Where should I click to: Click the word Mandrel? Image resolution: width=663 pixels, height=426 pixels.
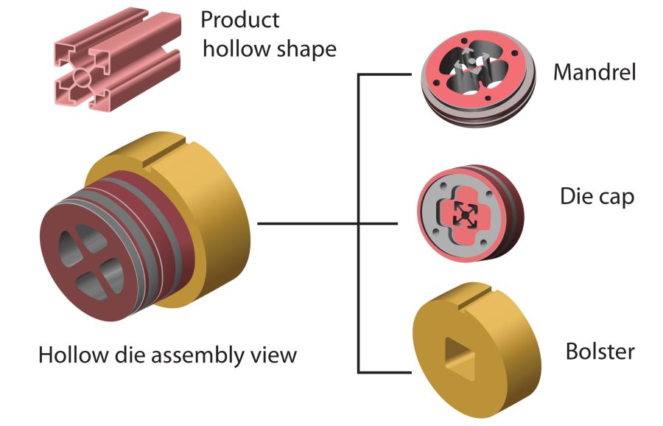pyautogui.click(x=594, y=72)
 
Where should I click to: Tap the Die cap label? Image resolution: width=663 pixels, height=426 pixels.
pyautogui.click(x=597, y=198)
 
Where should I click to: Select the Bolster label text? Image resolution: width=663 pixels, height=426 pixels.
pyautogui.click(x=600, y=351)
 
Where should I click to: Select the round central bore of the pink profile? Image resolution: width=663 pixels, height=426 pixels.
pyautogui.click(x=83, y=77)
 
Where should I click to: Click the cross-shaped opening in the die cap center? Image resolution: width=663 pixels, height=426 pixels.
pyautogui.click(x=464, y=213)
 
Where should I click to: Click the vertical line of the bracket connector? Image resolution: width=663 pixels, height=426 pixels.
pyautogui.click(x=359, y=221)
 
